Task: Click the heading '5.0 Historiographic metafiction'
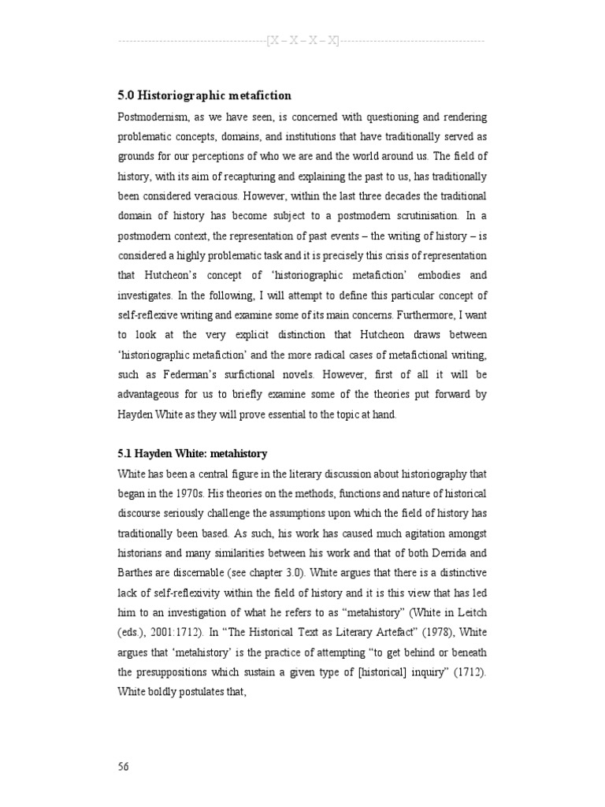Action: [x=204, y=95]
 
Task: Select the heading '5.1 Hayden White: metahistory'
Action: [x=192, y=454]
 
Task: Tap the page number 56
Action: [x=124, y=766]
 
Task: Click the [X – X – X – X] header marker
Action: [x=302, y=41]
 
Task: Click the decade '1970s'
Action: [x=187, y=493]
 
